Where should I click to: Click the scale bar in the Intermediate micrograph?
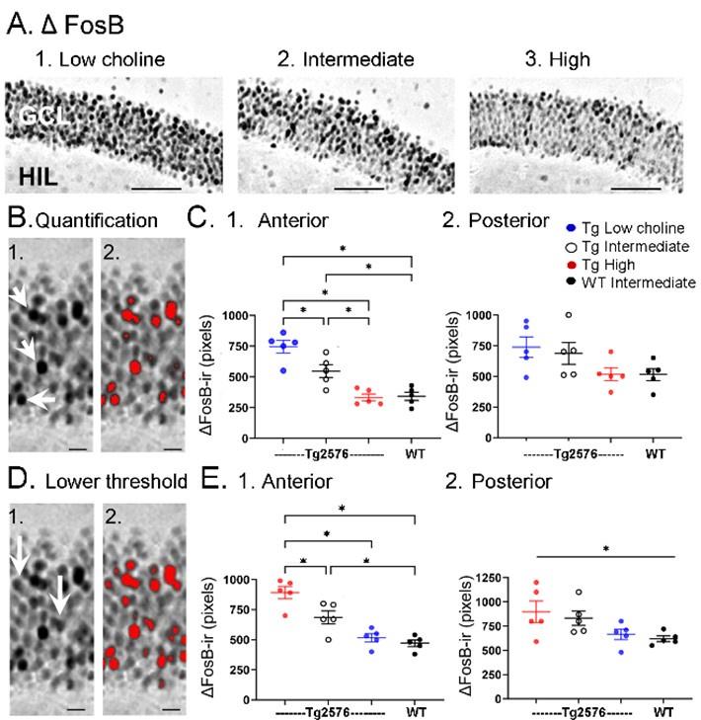click(x=358, y=186)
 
